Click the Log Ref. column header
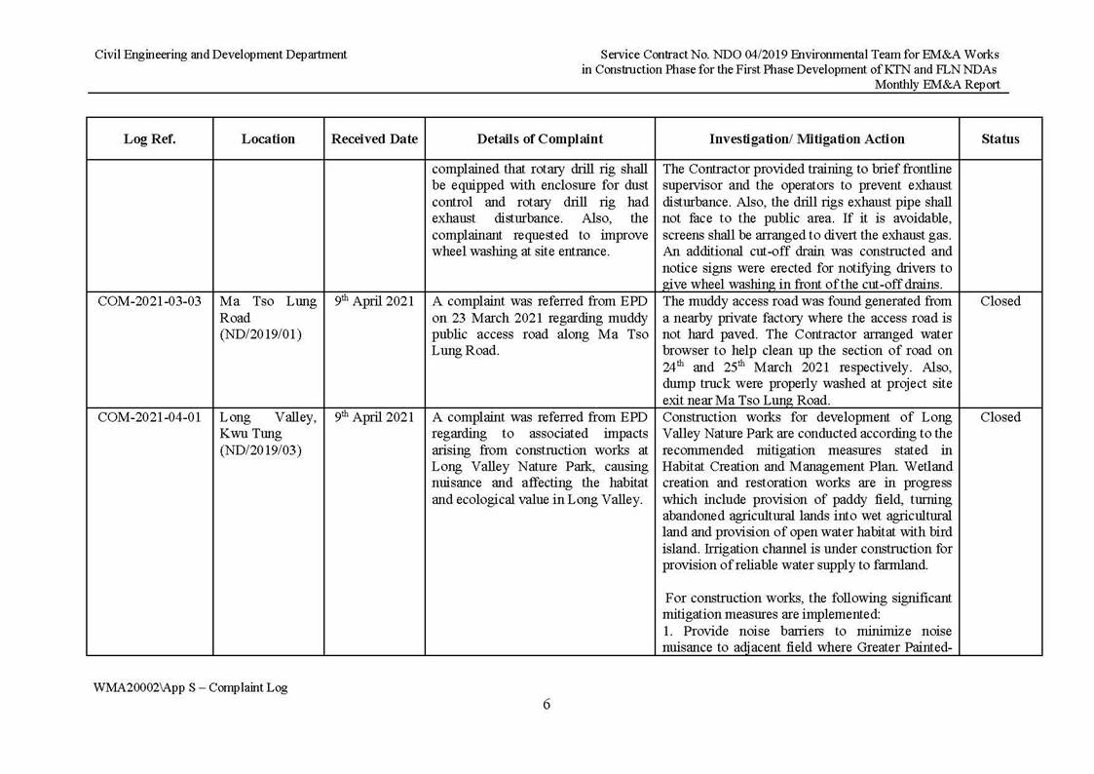point(149,139)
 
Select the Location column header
point(268,139)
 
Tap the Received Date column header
point(374,139)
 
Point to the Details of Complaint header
point(540,139)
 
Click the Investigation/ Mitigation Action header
point(807,139)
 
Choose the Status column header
point(1000,139)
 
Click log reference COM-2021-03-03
point(149,301)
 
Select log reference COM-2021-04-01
point(149,417)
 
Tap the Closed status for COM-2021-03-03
point(1000,301)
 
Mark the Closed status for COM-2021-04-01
point(1000,417)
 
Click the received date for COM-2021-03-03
point(374,301)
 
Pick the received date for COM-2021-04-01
point(374,417)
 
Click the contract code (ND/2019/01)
point(260,334)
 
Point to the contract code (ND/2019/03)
point(260,450)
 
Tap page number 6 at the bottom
point(547,705)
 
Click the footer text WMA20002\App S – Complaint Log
point(190,687)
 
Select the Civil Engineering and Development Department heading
point(220,55)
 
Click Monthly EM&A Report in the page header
point(936,85)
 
